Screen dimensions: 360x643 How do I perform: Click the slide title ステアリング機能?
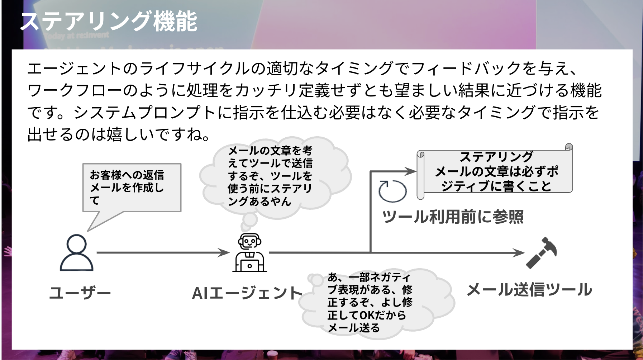click(109, 22)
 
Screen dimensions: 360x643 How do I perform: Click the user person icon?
click(76, 252)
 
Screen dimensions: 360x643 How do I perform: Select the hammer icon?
click(541, 252)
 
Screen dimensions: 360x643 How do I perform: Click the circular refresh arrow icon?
click(392, 191)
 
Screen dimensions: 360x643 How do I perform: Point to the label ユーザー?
click(80, 293)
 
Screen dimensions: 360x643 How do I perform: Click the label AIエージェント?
click(247, 293)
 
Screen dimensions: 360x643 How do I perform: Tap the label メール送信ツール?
click(529, 290)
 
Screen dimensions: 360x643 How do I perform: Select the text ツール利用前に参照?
click(453, 217)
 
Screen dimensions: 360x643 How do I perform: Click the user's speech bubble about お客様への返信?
click(132, 188)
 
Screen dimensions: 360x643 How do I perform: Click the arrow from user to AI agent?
click(163, 252)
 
